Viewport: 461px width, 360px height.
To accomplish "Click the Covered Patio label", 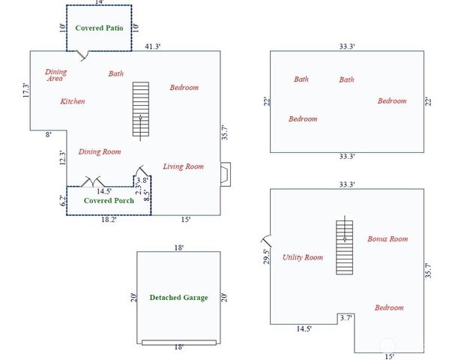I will [99, 27].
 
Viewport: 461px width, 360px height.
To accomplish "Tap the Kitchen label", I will [73, 101].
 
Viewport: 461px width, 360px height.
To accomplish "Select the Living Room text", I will [184, 166].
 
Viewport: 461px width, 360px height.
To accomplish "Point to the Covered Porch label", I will [109, 200].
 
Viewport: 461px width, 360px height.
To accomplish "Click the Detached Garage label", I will [178, 298].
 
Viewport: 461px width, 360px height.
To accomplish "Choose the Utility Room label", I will [303, 257].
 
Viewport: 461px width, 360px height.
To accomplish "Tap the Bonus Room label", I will [388, 238].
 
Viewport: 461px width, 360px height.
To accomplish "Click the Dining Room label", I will [100, 151].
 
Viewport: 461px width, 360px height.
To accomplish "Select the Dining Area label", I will [55, 75].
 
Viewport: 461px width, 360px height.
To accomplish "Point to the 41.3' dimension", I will [153, 46].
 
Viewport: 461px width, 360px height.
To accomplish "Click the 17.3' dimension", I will [25, 91].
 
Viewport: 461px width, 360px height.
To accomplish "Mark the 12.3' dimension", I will [63, 157].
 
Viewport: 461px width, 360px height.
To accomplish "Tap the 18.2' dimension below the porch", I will [109, 220].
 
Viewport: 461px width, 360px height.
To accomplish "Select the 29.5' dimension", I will [265, 256].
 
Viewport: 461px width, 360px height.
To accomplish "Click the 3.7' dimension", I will [346, 318].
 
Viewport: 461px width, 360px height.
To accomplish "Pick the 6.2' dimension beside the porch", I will [62, 201].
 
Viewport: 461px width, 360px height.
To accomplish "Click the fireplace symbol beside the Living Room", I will [225, 173].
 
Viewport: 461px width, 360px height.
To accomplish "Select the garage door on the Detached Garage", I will [178, 342].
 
